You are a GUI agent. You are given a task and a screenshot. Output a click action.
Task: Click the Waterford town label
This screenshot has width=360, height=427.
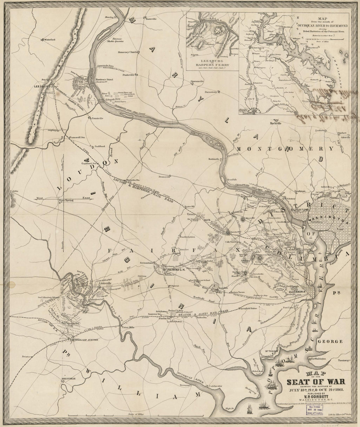coord(49,40)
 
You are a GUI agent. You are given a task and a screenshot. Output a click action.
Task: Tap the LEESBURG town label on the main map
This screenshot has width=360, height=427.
coord(42,86)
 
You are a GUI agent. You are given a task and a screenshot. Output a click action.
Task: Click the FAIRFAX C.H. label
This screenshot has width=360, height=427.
coord(176,270)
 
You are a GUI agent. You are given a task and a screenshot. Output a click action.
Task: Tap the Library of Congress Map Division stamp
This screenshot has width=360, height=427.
coord(314,408)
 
